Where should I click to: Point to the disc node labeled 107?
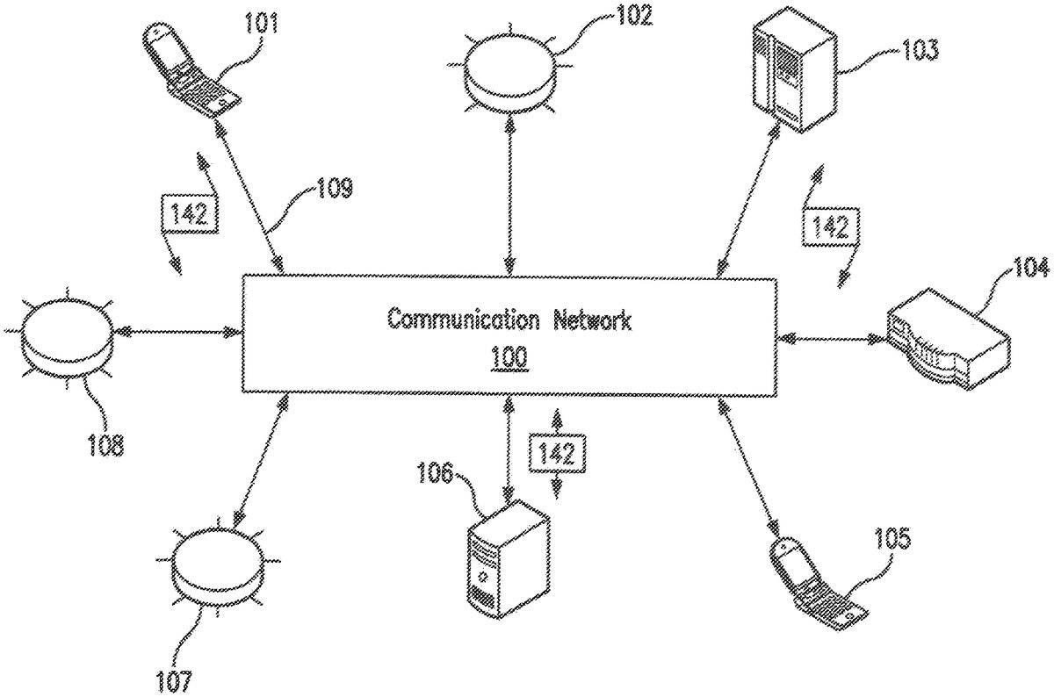(215, 567)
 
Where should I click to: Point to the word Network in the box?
(591, 320)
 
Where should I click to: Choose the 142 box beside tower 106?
(556, 454)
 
